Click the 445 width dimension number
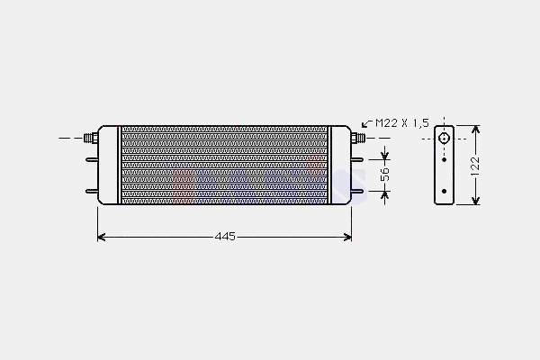pos(225,237)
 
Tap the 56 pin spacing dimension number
pos(385,175)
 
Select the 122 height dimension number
pos(475,166)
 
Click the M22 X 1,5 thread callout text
pos(402,123)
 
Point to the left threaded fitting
pos(91,138)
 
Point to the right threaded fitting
pos(358,138)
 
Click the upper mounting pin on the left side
pos(92,159)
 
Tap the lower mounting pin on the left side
pos(92,191)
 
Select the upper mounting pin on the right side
pos(357,159)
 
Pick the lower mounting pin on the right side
pos(357,191)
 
